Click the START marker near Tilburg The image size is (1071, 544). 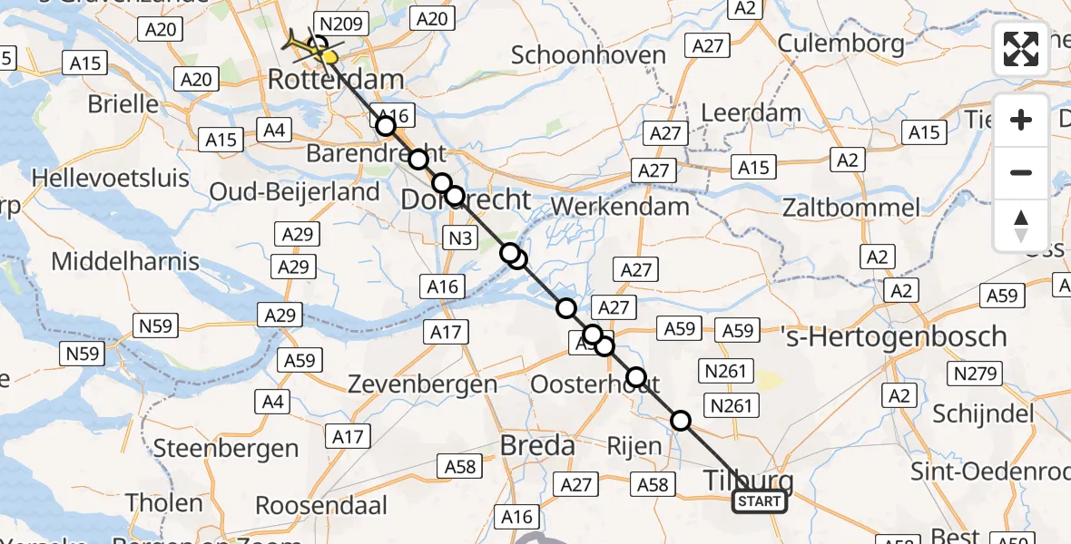(x=760, y=501)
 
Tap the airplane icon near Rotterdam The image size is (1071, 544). (x=301, y=42)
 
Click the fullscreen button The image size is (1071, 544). (x=1021, y=49)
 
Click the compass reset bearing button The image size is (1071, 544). (x=1021, y=226)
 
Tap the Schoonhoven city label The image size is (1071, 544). (x=588, y=54)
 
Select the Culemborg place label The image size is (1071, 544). (x=840, y=43)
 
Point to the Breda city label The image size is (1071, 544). (x=537, y=446)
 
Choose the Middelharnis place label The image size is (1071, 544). (x=125, y=262)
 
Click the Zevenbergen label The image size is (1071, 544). (x=423, y=384)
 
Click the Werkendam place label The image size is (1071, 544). (x=620, y=206)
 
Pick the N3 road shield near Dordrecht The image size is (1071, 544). (x=460, y=239)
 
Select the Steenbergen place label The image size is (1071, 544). (x=226, y=448)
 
